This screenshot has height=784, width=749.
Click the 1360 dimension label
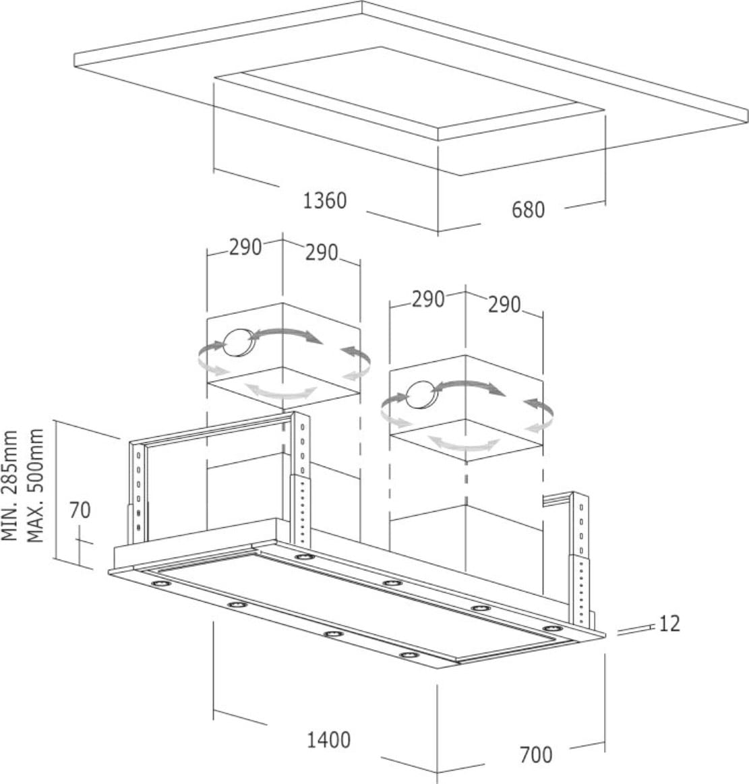(x=324, y=200)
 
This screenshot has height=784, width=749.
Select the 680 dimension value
(x=527, y=210)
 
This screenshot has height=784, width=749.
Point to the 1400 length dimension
(x=328, y=740)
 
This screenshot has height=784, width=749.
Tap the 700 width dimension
(x=536, y=754)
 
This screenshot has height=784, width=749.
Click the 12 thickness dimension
(x=669, y=624)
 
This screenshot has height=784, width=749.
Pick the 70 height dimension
(x=80, y=510)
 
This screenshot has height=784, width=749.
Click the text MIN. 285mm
(x=10, y=485)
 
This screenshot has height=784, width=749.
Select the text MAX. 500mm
(x=35, y=485)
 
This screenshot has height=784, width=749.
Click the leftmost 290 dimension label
(x=245, y=247)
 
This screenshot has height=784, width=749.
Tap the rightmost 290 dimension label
(x=504, y=305)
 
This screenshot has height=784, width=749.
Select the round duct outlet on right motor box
(x=421, y=394)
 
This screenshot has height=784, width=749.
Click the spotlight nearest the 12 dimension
(x=552, y=630)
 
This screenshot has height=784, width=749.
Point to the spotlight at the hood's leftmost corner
(x=159, y=583)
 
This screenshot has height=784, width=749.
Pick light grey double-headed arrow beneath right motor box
(x=465, y=444)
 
